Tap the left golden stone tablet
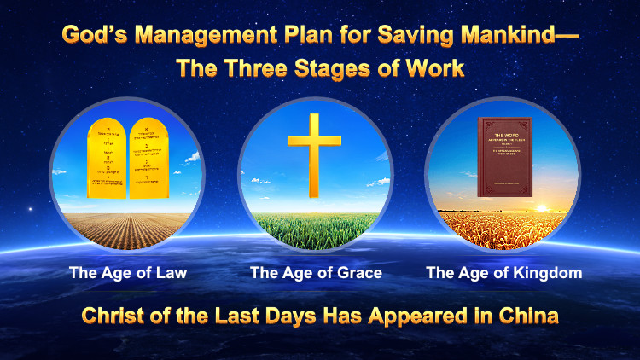(x=110, y=158)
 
